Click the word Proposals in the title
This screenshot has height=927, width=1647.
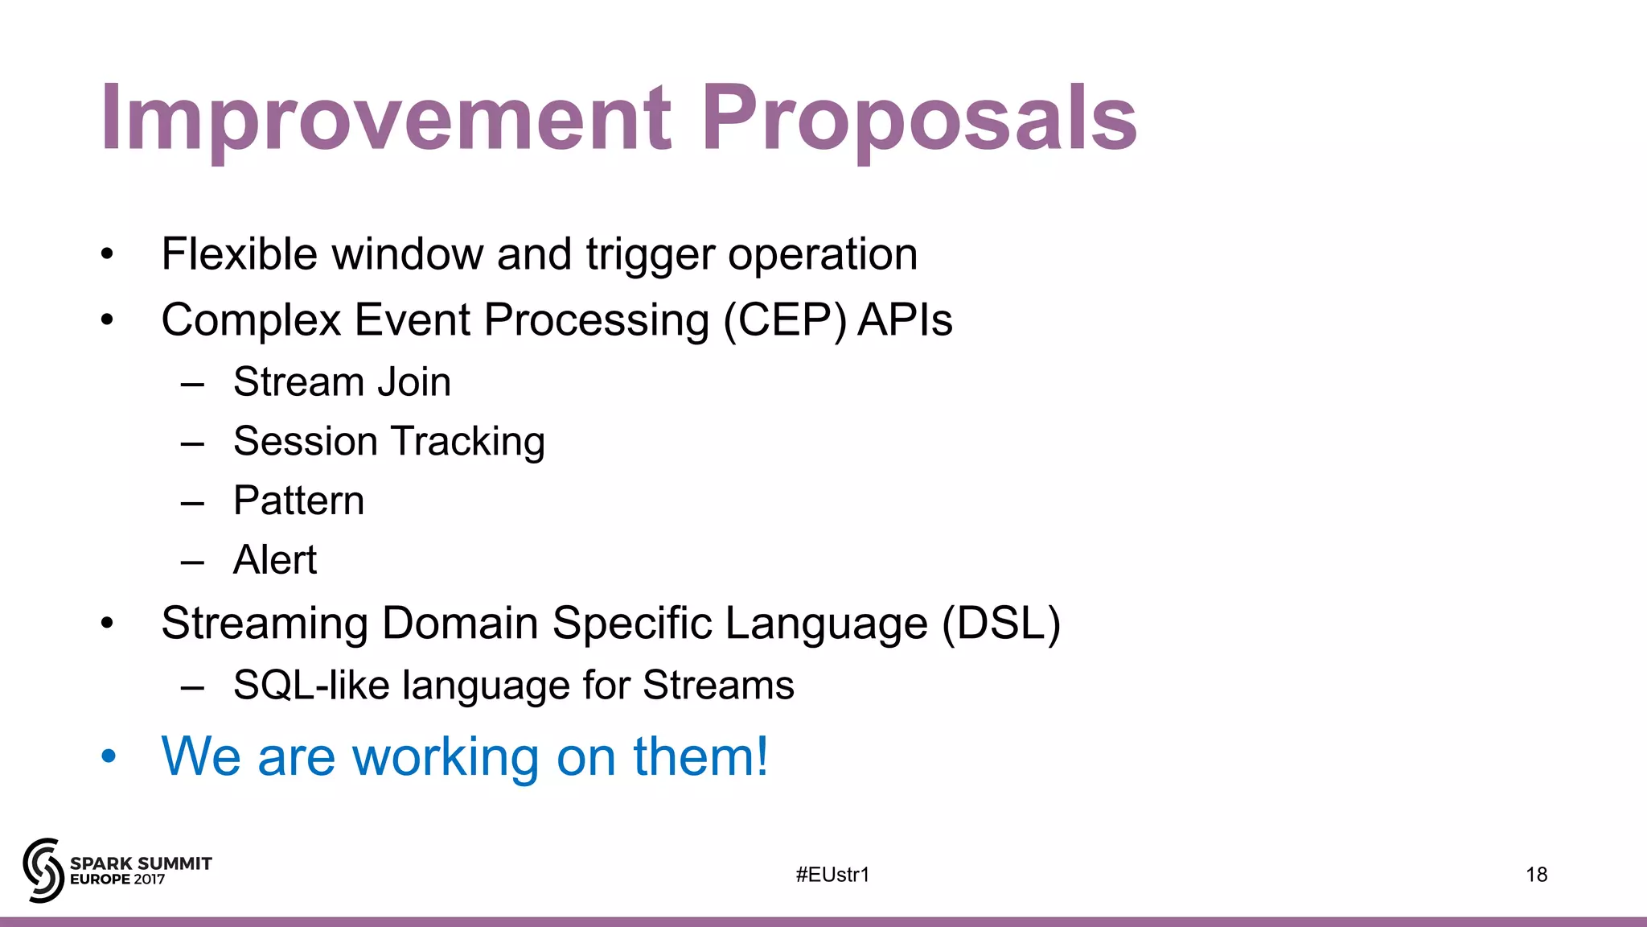coord(919,119)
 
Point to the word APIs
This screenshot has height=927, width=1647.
coord(905,319)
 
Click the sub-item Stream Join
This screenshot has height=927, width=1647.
coord(342,381)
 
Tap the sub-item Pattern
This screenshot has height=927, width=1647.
coord(298,501)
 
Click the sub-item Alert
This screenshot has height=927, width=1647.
coord(275,560)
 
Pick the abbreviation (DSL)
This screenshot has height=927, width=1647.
coord(1001,624)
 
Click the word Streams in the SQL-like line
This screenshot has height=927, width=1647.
coord(718,686)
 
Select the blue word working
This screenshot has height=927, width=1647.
coord(446,757)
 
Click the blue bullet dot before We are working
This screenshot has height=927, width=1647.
coord(109,756)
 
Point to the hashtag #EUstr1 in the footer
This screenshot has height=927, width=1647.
coord(832,875)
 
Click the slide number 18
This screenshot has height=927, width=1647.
coord(1536,875)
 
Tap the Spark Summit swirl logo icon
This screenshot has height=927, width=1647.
coord(43,870)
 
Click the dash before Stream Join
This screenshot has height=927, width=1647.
coord(192,385)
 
